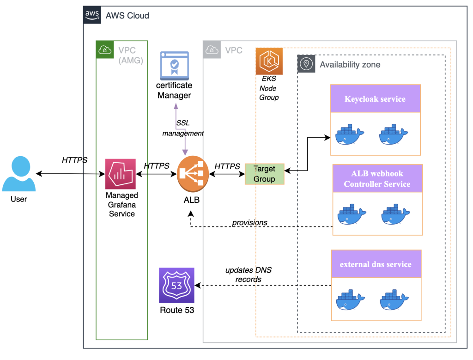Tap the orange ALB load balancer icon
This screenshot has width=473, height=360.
coord(193,174)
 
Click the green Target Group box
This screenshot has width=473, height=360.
coord(264,174)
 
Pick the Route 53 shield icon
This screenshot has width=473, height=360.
coord(176,285)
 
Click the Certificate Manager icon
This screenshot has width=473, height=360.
coord(174,66)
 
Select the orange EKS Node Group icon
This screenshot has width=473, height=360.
coord(269,61)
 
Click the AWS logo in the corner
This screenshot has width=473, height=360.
coord(92,15)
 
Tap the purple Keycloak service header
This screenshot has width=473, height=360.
coord(375,99)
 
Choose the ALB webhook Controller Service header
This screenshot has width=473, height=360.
coord(377,179)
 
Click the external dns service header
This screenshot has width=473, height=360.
coord(376,264)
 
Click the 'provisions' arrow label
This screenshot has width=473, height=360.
coord(249,222)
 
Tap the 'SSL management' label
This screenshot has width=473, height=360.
coord(183,128)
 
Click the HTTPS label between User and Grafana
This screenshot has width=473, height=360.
coord(74,160)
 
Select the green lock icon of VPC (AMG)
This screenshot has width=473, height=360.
coord(104,49)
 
